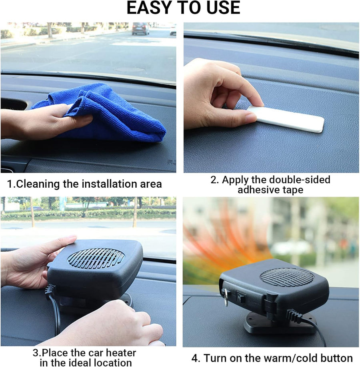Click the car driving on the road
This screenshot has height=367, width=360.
(140, 28)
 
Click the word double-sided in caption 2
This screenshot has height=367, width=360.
(300, 180)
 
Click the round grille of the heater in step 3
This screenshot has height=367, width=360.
(96, 258)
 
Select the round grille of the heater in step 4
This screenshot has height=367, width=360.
(287, 278)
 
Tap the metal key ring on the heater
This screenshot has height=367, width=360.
(226, 297)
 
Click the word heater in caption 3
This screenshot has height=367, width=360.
(120, 353)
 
